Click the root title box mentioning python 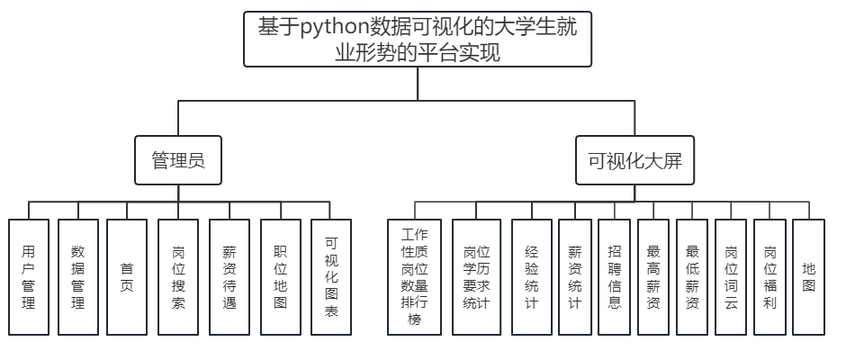coord(418,40)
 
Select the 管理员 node coord(177,161)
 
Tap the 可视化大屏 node coord(635,161)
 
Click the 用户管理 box coord(29,277)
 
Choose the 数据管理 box coord(77,277)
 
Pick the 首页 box coord(127,277)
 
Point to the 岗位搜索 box coord(178,277)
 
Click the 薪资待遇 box coord(230,277)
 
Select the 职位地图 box coord(280,277)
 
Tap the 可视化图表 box coord(330,277)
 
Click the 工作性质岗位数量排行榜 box coord(415,277)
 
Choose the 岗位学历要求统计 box coord(476,277)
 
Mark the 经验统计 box coord(531,277)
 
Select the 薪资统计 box coord(575,277)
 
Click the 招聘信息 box coord(614,277)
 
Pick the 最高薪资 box coord(653,277)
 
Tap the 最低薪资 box coord(692,277)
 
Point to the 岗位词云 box coord(731,277)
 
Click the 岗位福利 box coord(769,277)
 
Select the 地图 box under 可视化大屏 coord(808,277)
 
